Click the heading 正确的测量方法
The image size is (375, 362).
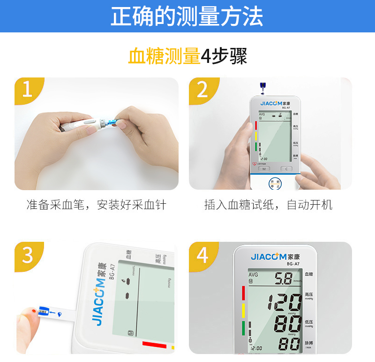pyautogui.click(x=187, y=16)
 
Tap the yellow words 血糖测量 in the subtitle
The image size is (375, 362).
pyautogui.click(x=164, y=57)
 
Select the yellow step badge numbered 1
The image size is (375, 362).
pyautogui.click(x=27, y=89)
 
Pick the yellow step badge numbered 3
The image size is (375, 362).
pyautogui.click(x=27, y=255)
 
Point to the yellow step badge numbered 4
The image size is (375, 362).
pyautogui.click(x=202, y=255)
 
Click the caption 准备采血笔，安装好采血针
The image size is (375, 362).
pyautogui.click(x=96, y=205)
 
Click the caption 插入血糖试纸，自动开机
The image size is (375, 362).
pyautogui.click(x=269, y=205)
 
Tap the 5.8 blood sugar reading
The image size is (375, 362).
pyautogui.click(x=283, y=279)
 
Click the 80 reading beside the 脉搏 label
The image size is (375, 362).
pyautogui.click(x=289, y=344)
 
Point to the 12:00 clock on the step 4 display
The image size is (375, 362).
pyautogui.click(x=256, y=348)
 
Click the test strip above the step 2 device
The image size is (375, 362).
pyautogui.click(x=262, y=88)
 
